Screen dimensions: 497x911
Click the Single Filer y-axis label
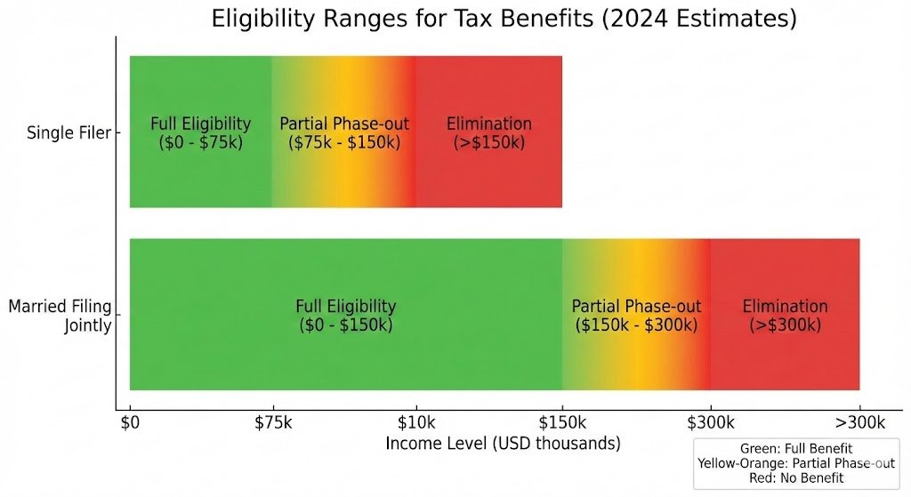pos(69,132)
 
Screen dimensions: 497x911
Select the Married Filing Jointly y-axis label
pos(60,316)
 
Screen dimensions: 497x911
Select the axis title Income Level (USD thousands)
pos(503,443)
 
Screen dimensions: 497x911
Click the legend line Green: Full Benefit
pos(796,449)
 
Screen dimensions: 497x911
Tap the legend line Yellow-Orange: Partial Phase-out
pos(796,463)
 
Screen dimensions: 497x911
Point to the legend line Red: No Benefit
pos(796,477)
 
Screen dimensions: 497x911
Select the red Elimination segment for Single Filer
pos(488,178)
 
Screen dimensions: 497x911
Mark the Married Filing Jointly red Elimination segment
pos(785,356)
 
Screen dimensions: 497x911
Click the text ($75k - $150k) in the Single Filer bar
pos(343,142)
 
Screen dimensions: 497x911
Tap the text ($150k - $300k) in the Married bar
pos(636,325)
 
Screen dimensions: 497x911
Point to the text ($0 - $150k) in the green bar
pos(345,325)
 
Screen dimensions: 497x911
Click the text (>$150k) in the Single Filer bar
pos(488,142)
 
